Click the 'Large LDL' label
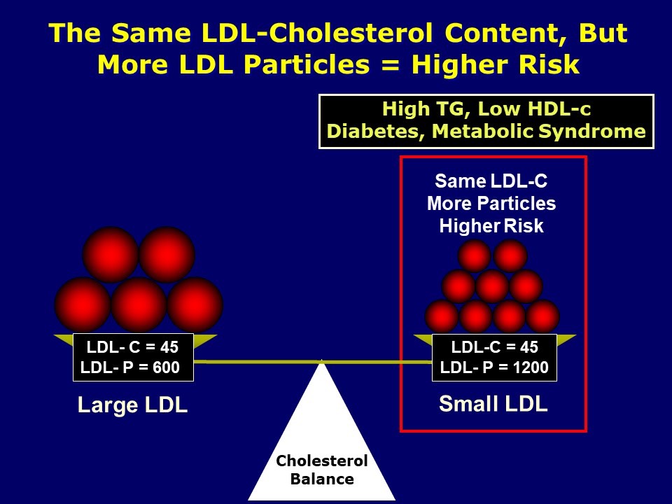[132, 406]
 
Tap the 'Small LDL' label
[493, 404]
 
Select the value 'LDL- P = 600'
[130, 367]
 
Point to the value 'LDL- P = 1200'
[494, 367]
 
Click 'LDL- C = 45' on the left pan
[132, 347]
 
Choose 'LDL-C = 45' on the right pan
[494, 347]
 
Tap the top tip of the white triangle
[321, 361]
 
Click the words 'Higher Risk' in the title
[496, 64]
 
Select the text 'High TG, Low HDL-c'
[486, 110]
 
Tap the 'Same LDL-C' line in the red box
[491, 181]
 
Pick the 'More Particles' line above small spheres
[491, 204]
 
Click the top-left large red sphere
[111, 254]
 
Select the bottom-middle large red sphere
[139, 305]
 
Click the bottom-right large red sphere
[195, 305]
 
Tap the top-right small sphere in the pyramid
[510, 255]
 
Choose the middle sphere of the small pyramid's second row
[492, 286]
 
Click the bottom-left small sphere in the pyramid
[442, 316]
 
